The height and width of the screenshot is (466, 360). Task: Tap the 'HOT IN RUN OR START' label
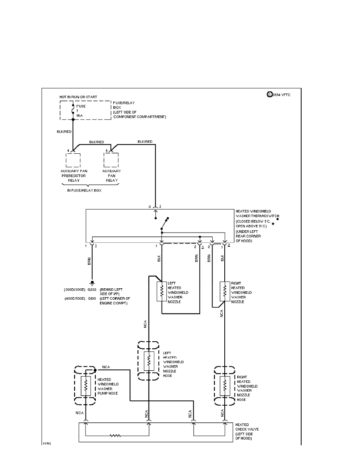point(78,96)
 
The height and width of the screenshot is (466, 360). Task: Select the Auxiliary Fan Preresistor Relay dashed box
point(73,160)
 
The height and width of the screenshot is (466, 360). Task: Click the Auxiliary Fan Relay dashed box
point(111,160)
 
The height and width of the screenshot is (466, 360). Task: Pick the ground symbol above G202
point(92,283)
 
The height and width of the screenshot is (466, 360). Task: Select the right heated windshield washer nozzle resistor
point(225,291)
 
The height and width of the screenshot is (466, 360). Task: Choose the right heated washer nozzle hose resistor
point(225,386)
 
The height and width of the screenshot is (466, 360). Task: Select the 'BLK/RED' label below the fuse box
point(64,132)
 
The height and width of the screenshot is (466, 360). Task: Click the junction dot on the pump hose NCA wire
point(95,370)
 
